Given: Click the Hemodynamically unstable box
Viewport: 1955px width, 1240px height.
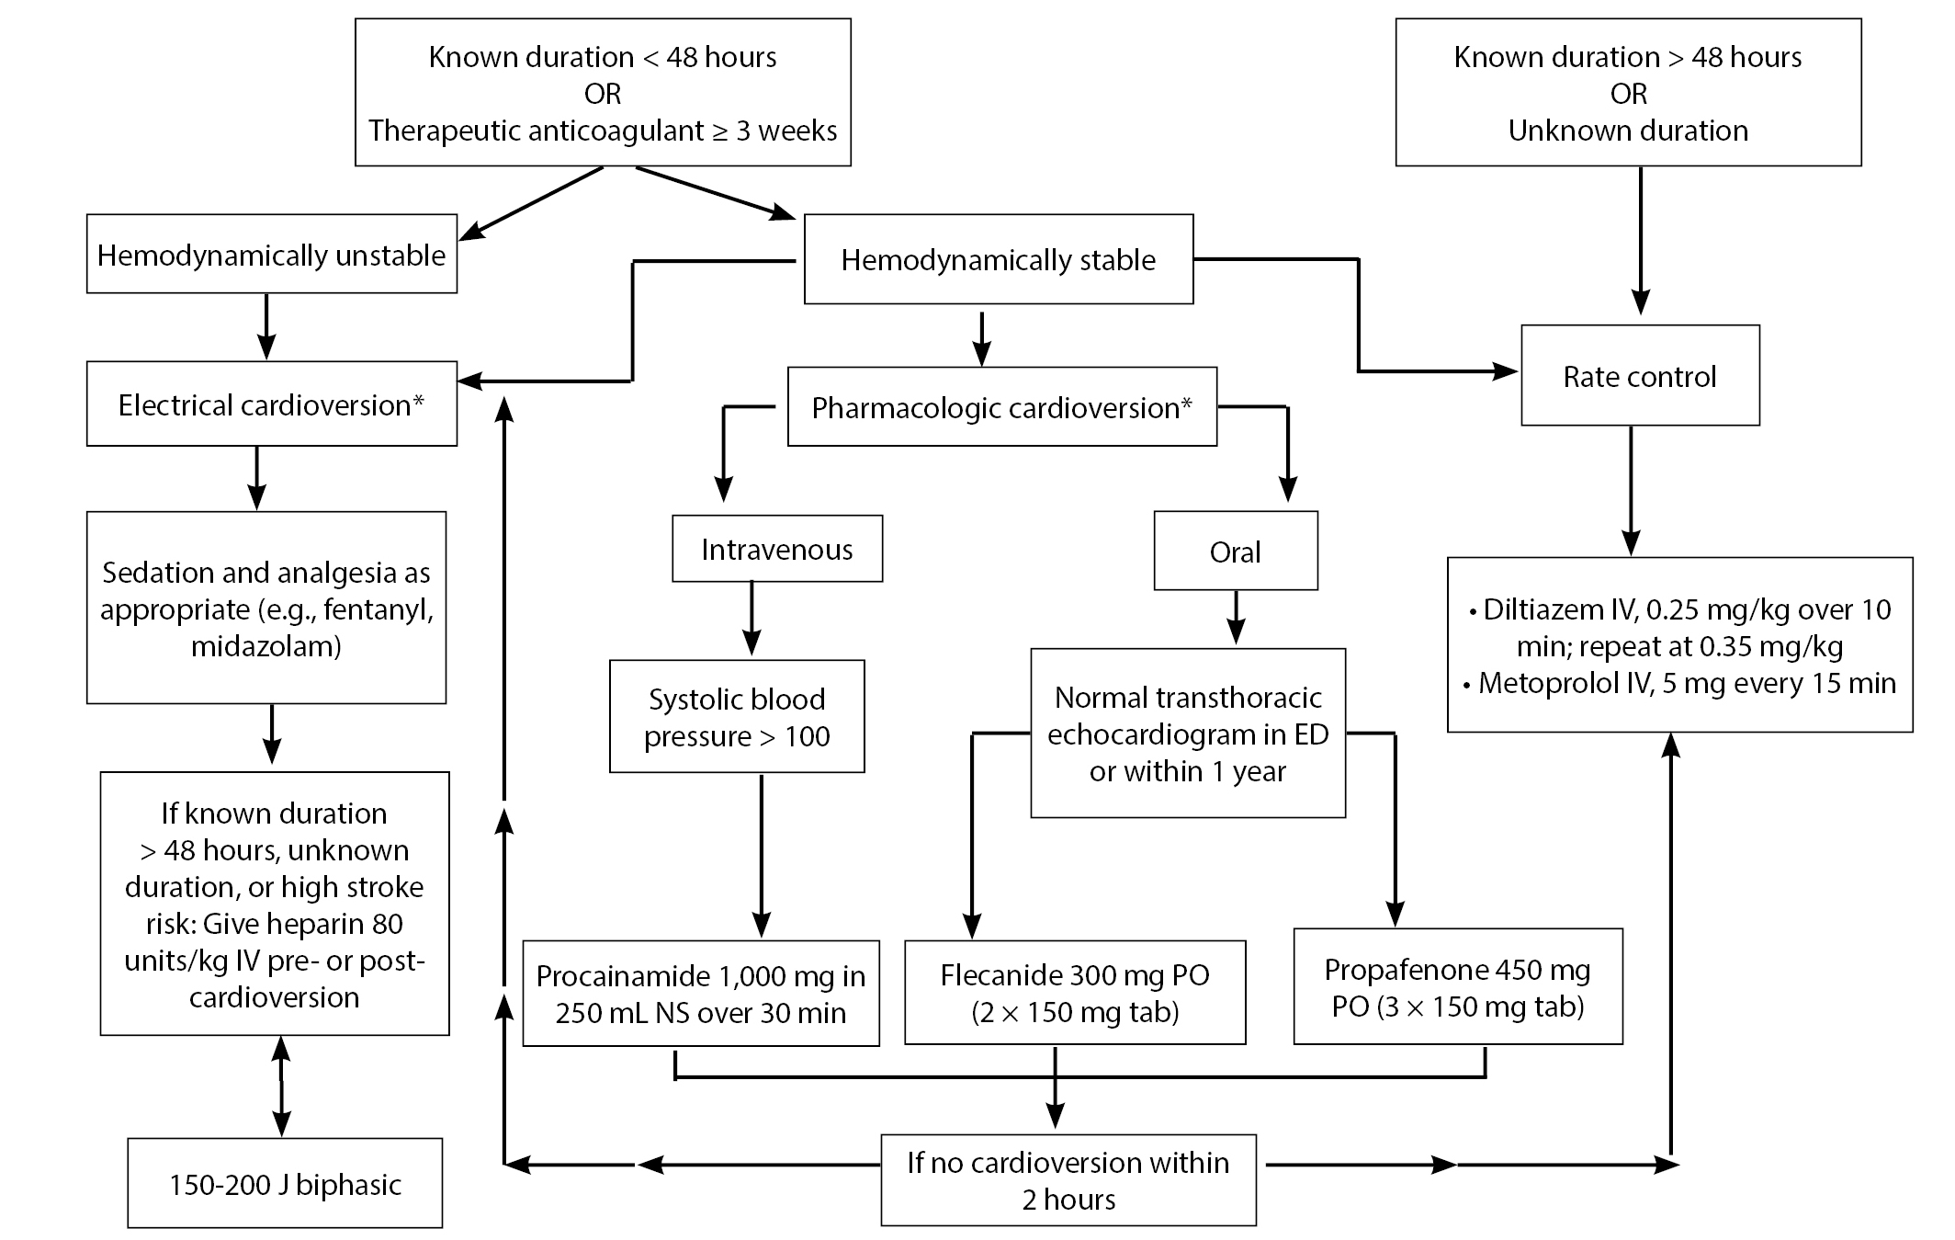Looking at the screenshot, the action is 272,254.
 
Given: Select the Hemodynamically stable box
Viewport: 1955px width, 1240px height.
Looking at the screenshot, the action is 999,259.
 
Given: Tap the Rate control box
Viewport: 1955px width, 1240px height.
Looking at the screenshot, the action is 1640,375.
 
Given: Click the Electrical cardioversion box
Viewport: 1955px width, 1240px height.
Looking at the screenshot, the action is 272,404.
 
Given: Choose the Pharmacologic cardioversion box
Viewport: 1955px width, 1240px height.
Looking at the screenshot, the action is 1002,407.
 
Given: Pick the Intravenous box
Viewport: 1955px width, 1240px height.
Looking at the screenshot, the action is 777,548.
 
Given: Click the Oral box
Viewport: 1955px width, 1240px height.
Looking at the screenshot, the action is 1236,551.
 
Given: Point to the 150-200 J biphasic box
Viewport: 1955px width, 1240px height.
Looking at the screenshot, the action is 285,1183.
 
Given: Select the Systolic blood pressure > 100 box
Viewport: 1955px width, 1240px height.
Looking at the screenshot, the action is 737,716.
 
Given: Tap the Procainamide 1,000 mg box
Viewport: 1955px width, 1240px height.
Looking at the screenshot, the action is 701,993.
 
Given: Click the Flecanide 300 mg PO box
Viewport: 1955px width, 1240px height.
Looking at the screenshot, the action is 1075,992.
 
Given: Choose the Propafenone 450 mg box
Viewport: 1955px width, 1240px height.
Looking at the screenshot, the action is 1458,986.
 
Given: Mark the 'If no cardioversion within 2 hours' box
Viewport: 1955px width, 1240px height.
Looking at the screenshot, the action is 1068,1179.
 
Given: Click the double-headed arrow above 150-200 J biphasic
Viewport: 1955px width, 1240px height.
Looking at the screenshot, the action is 281,1086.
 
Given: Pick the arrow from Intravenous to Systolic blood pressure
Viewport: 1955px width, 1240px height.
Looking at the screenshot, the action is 751,619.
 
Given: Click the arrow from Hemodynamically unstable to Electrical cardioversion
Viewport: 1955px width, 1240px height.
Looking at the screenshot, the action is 266,326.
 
